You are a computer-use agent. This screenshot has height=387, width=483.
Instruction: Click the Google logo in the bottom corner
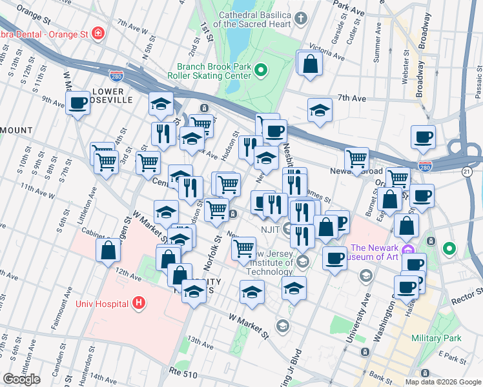pos(21,379)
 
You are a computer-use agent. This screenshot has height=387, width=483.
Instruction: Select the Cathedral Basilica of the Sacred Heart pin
pos(301,19)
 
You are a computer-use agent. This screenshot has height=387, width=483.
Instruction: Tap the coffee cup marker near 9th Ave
pos(78,103)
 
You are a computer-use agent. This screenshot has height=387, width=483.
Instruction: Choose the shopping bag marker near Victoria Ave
pos(311,64)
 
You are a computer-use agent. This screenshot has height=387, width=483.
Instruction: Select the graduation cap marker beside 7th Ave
pos(320,110)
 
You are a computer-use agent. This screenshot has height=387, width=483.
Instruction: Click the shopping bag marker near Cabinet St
pos(108,250)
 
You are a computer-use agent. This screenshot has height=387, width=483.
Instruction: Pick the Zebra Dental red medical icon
pos(98,33)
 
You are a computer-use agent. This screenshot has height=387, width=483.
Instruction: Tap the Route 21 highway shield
pos(466,170)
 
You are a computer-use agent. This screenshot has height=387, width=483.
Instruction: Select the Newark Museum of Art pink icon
pos(406,249)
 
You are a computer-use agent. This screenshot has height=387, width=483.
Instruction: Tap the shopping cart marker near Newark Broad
pos(356,159)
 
